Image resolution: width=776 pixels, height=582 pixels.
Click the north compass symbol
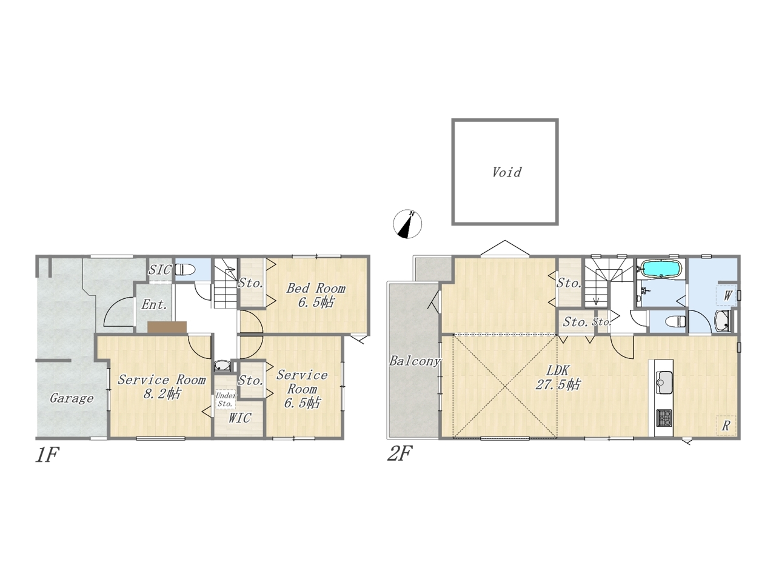click(x=407, y=224)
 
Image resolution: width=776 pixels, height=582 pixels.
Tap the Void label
click(x=507, y=172)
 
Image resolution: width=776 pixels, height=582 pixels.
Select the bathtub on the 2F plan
click(x=660, y=269)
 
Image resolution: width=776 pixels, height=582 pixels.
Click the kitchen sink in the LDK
click(x=664, y=382)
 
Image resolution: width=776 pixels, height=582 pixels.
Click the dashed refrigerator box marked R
click(x=726, y=425)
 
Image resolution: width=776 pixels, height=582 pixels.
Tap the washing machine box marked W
click(x=726, y=295)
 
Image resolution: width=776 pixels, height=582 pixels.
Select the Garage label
click(x=72, y=398)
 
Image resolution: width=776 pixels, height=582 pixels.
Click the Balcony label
click(x=415, y=361)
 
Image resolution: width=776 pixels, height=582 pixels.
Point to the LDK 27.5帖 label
click(x=558, y=378)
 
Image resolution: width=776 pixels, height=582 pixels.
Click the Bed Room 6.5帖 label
click(x=316, y=295)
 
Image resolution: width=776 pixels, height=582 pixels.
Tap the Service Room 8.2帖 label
click(x=161, y=386)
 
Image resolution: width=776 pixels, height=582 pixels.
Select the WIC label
click(x=239, y=418)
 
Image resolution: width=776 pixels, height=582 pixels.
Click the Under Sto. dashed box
click(x=225, y=400)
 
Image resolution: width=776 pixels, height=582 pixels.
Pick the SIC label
click(x=160, y=270)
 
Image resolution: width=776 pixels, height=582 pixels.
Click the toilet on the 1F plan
click(x=186, y=270)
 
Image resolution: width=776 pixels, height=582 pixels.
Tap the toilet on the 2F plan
click(x=675, y=322)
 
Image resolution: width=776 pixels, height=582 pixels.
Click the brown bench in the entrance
click(x=167, y=327)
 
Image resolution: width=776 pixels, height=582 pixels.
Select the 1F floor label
click(x=47, y=455)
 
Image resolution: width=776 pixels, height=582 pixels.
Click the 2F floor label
click(x=400, y=453)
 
